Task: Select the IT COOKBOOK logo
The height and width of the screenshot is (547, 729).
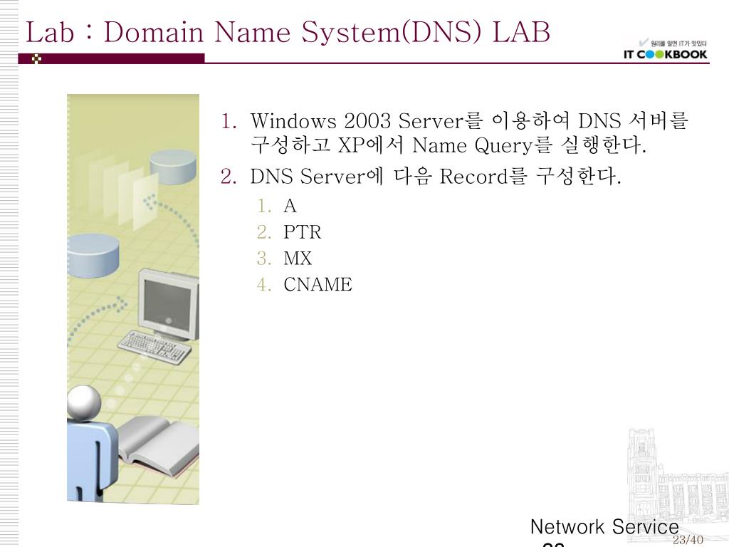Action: (666, 54)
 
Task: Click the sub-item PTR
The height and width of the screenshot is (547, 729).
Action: (303, 232)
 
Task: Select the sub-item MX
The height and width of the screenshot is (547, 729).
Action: (298, 259)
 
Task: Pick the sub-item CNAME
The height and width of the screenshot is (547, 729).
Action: (318, 285)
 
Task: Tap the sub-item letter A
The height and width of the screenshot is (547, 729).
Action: (290, 207)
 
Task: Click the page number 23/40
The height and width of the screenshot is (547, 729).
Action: (688, 540)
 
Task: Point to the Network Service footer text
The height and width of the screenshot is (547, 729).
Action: (604, 527)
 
